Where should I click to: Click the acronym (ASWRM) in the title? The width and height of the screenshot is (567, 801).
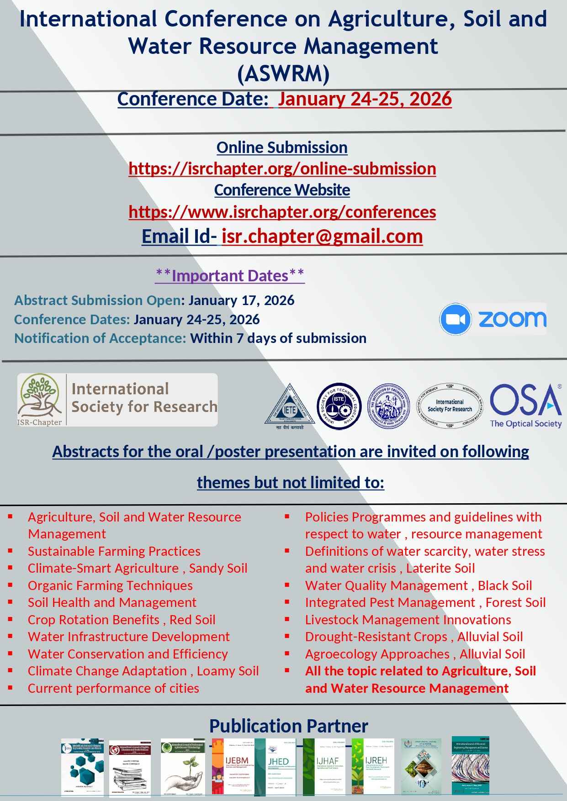pos(283,74)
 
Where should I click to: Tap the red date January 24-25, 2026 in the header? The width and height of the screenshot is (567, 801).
pos(365,99)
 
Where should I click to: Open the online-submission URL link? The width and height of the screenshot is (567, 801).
pos(282,169)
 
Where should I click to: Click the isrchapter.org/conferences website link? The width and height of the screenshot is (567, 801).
pos(282,212)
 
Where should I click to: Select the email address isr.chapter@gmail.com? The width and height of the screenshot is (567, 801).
pos(322,236)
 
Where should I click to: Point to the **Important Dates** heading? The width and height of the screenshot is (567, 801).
pos(230,275)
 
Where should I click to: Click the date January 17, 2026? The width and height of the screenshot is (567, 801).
pos(241,300)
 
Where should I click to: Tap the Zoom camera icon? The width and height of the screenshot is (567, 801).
pos(455,319)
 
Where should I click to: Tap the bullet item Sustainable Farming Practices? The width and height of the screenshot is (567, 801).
pos(114,551)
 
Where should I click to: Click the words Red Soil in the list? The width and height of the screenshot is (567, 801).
pos(192,620)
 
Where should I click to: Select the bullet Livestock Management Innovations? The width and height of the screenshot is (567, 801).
pos(408,620)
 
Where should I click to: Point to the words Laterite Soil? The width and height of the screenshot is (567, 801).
pos(440,568)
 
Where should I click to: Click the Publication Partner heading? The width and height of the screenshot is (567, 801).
pos(288,726)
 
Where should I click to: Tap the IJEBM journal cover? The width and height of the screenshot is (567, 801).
pos(233,767)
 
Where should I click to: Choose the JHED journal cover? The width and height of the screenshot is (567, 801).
pos(278,767)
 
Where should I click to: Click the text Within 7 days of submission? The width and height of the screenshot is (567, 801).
pos(278,338)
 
